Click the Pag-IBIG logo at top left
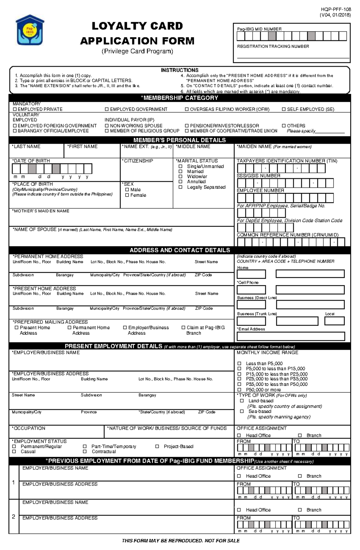[30, 30]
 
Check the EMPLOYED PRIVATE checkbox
[15, 109]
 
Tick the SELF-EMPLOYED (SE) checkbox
[284, 109]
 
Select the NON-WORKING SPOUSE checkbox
[107, 126]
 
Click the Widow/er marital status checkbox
[180, 177]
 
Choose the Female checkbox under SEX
[127, 195]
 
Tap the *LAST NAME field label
[26, 147]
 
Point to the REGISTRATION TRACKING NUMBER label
[273, 46]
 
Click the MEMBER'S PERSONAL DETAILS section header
[179, 140]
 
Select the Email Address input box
[291, 336]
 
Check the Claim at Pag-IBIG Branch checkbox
[183, 328]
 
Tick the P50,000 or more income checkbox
[239, 390]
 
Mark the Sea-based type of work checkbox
[242, 411]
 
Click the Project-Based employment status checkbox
[157, 446]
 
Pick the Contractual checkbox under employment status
[85, 451]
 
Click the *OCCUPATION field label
[29, 428]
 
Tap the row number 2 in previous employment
[13, 516]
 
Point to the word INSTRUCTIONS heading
[179, 70]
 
